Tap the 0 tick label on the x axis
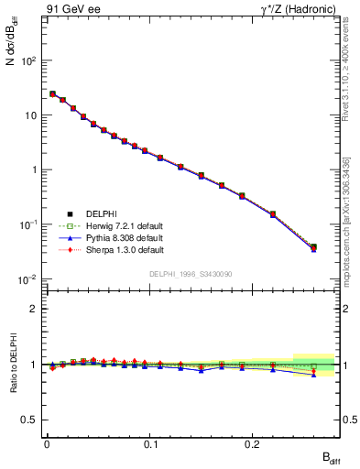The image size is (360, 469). pos(47,445)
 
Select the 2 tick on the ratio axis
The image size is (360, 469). pos(33,309)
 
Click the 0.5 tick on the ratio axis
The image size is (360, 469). pos(28,420)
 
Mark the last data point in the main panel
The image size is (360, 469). pos(313,246)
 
